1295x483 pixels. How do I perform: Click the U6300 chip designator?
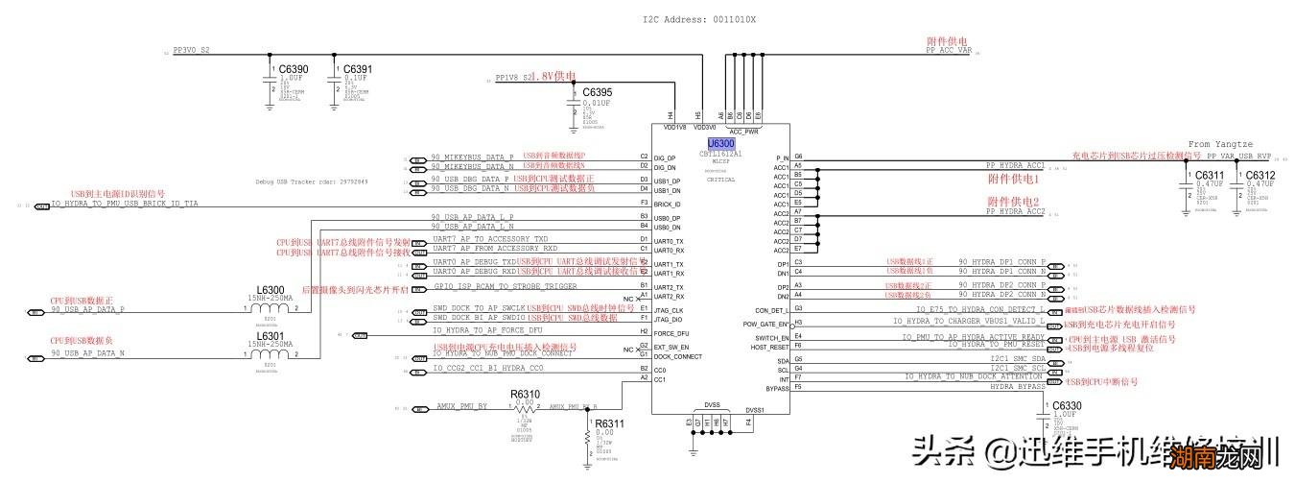click(720, 143)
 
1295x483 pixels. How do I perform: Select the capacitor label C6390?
click(293, 69)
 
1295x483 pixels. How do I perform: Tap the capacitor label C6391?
click(358, 69)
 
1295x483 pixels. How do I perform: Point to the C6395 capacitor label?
click(599, 92)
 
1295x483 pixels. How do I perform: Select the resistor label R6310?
click(525, 394)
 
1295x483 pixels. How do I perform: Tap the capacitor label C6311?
click(1210, 175)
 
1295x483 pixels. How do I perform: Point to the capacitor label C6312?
click(1259, 175)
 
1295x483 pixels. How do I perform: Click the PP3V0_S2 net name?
click(191, 50)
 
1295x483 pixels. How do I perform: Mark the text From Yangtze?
click(1220, 145)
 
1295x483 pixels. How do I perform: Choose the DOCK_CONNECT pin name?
click(678, 356)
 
